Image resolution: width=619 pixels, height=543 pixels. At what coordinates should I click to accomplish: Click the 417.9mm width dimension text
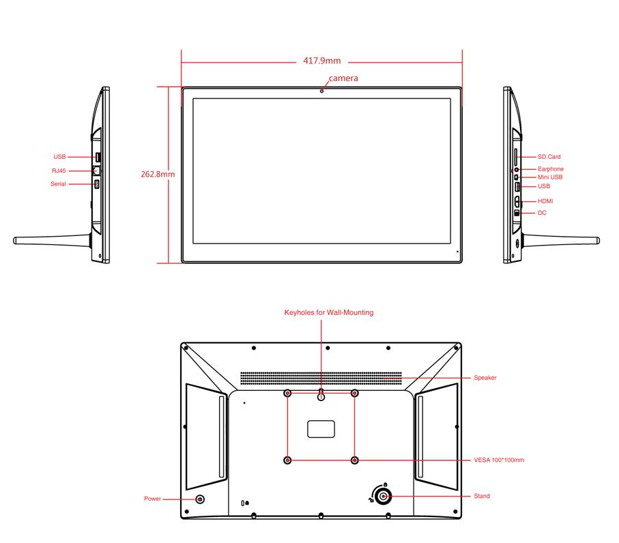[x=321, y=61]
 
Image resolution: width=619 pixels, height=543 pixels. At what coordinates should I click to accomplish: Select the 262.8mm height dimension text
[x=158, y=174]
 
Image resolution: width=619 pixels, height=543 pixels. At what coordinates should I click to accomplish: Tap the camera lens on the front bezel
[x=321, y=91]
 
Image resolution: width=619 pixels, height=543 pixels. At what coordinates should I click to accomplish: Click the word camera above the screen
[x=343, y=78]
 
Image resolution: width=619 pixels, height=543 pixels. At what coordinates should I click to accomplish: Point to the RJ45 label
[x=59, y=171]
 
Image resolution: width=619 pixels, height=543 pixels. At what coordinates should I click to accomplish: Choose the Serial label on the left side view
[x=58, y=184]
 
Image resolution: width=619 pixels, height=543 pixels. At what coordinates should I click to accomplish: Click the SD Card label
[x=549, y=157]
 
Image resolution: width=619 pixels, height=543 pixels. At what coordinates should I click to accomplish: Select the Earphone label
[x=550, y=169]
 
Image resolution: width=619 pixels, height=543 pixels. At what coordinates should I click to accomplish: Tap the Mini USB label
[x=550, y=177]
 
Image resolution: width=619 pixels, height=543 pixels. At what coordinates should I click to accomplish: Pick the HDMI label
[x=545, y=201]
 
